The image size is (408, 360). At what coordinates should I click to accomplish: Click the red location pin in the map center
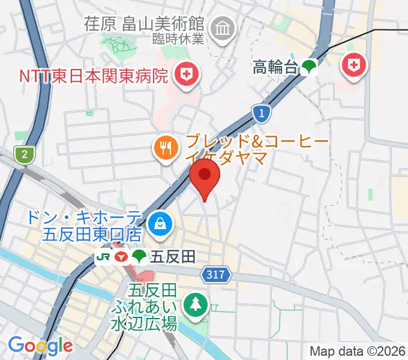[205, 177]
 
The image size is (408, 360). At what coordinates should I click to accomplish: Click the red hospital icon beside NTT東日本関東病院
[185, 74]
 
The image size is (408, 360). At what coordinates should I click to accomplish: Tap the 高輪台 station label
[275, 67]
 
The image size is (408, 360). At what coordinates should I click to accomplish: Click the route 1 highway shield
[260, 112]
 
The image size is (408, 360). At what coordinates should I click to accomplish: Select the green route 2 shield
[24, 155]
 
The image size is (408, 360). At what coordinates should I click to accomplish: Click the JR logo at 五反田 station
[103, 257]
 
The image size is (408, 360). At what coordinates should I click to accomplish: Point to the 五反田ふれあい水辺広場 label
[143, 308]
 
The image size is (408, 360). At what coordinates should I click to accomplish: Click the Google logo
[40, 346]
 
